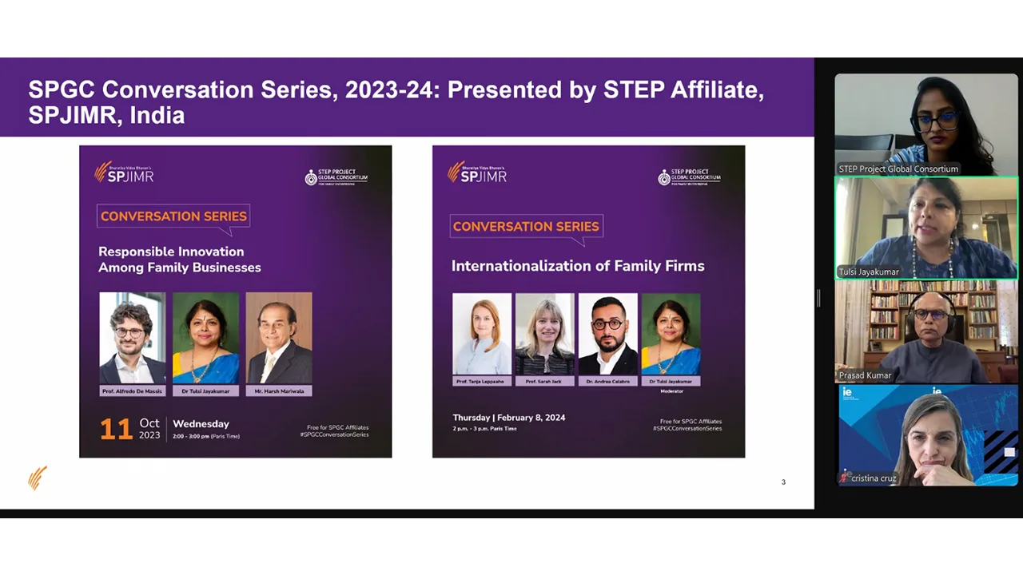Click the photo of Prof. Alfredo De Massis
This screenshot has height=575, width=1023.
(133, 338)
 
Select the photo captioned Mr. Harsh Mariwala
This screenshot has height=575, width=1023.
(279, 338)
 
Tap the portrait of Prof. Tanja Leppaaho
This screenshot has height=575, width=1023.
(482, 334)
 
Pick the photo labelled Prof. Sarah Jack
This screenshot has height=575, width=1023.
(545, 334)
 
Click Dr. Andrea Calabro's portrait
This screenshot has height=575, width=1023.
(608, 334)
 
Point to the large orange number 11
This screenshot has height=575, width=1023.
(115, 430)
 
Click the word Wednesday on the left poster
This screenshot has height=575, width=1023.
(201, 424)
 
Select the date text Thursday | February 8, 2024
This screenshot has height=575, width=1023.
(509, 418)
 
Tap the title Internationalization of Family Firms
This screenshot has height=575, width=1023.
(578, 266)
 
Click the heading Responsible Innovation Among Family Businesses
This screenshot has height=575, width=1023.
(180, 260)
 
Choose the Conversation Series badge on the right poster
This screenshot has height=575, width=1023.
(526, 227)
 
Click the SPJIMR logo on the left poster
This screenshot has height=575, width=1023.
(124, 172)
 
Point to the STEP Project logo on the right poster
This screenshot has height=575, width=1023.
(689, 176)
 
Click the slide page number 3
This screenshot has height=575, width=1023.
(783, 482)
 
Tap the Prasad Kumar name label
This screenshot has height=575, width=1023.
(865, 375)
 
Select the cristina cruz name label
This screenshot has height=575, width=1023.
(873, 478)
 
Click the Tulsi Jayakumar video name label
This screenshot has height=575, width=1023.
(869, 272)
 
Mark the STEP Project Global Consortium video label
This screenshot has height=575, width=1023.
(898, 169)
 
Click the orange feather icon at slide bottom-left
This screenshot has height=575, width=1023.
(38, 478)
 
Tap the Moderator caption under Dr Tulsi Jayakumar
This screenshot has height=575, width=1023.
(671, 391)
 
